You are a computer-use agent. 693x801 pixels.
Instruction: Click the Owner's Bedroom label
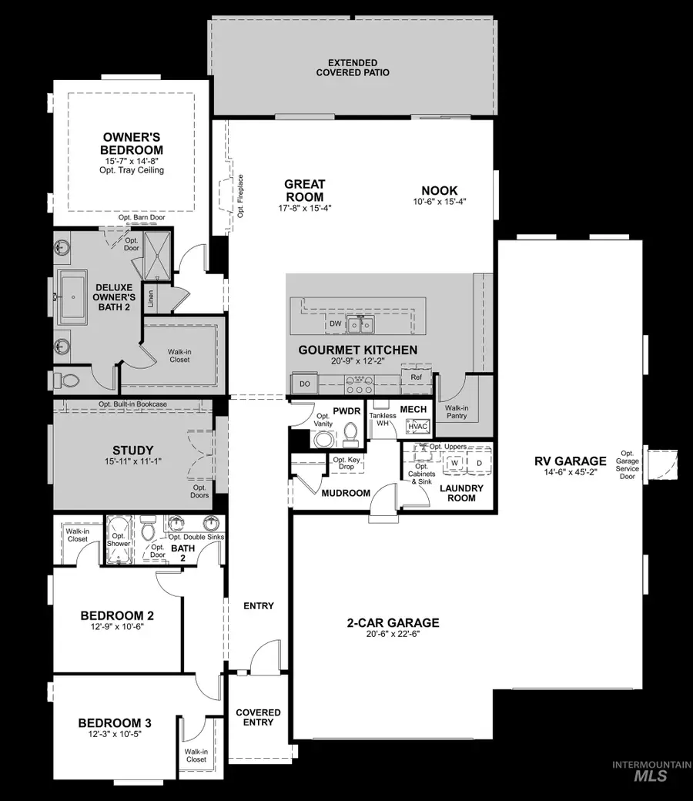pyautogui.click(x=133, y=143)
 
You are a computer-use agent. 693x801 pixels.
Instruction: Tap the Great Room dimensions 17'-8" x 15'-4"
pyautogui.click(x=304, y=209)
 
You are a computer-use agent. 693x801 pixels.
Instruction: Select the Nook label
pyautogui.click(x=440, y=191)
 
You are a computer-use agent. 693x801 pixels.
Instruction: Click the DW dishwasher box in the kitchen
pyautogui.click(x=335, y=324)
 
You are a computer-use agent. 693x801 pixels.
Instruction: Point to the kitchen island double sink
pyautogui.click(x=360, y=324)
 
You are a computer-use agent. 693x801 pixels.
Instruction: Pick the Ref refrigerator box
pyautogui.click(x=416, y=378)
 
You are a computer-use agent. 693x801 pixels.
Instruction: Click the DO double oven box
pyautogui.click(x=304, y=383)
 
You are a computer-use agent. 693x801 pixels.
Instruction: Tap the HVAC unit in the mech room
pyautogui.click(x=417, y=425)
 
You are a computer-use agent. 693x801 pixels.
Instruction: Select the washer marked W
pyautogui.click(x=454, y=463)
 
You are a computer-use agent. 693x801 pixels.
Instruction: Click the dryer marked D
pyautogui.click(x=478, y=463)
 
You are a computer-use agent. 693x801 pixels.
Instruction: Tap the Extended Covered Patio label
pyautogui.click(x=353, y=67)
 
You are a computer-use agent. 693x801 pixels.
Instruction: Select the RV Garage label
pyautogui.click(x=571, y=462)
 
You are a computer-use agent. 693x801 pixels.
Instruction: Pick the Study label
pyautogui.click(x=133, y=451)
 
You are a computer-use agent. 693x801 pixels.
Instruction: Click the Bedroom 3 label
pyautogui.click(x=115, y=723)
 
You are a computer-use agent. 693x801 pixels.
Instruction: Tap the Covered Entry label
pyautogui.click(x=258, y=717)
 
